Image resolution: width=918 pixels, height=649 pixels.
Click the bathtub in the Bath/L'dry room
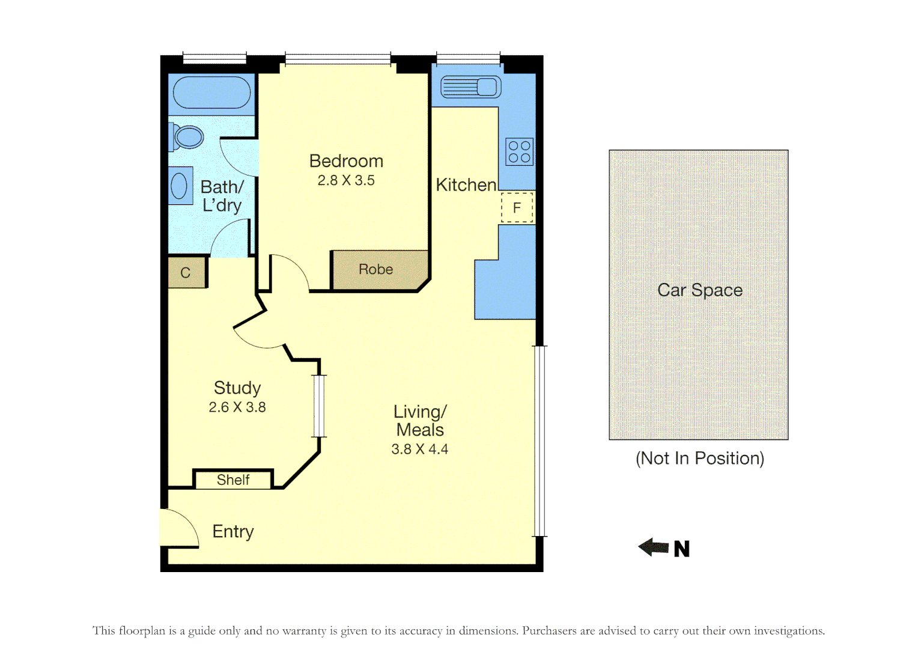(x=211, y=93)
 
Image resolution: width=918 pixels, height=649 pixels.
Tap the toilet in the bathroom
(x=187, y=137)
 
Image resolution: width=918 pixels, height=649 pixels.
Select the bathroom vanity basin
(x=180, y=186)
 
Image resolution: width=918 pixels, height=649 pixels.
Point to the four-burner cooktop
(x=519, y=151)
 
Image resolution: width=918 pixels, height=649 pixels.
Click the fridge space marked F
(x=517, y=208)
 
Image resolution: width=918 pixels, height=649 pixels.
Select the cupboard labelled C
(x=186, y=273)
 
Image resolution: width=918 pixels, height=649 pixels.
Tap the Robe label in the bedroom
(x=375, y=269)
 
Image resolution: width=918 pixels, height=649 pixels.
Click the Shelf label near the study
(x=233, y=480)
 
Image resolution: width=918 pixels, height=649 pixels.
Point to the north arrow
(x=654, y=547)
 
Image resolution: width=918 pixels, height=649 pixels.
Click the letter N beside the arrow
(x=682, y=549)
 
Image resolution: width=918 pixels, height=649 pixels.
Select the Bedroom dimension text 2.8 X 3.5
(x=346, y=180)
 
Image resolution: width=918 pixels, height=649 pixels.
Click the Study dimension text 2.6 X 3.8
(x=237, y=407)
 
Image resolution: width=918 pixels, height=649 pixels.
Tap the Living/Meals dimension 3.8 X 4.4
(x=419, y=449)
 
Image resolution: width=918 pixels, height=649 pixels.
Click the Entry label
(x=233, y=531)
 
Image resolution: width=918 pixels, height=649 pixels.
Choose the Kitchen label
(x=466, y=185)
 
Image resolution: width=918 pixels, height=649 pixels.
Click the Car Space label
(x=700, y=290)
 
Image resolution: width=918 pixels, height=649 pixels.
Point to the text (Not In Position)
(x=700, y=459)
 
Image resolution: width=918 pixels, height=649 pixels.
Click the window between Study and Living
(x=319, y=406)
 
